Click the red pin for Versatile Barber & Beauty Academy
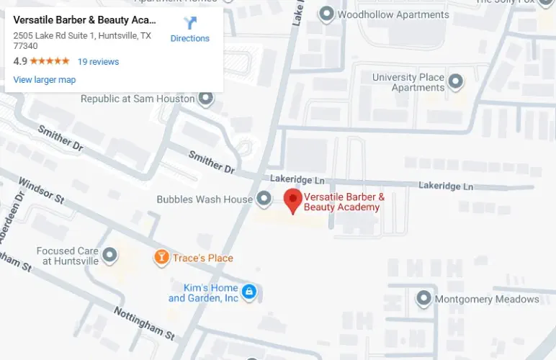pyautogui.click(x=292, y=199)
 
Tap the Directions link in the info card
pyautogui.click(x=189, y=39)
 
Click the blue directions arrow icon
pyautogui.click(x=190, y=23)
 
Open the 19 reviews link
pyautogui.click(x=98, y=62)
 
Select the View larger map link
pyautogui.click(x=45, y=80)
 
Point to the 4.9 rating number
pyautogui.click(x=20, y=62)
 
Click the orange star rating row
pyautogui.click(x=50, y=62)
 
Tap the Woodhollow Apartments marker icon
pyautogui.click(x=326, y=14)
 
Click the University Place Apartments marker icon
pyautogui.click(x=455, y=82)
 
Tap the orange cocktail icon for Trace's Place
pyautogui.click(x=162, y=257)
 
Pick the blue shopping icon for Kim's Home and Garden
pyautogui.click(x=249, y=292)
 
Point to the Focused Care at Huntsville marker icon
pyautogui.click(x=109, y=255)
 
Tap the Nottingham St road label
pyautogui.click(x=144, y=323)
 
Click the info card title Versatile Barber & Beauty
pyautogui.click(x=84, y=20)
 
